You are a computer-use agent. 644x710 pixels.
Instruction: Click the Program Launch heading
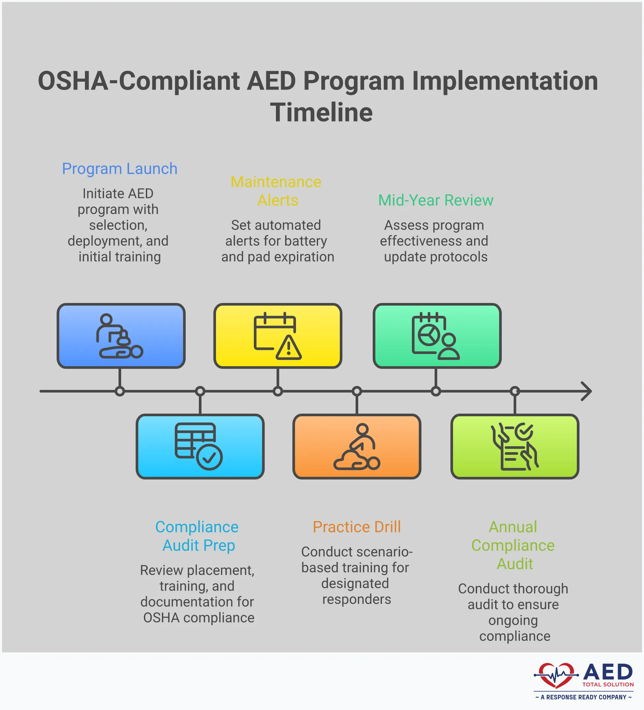pyautogui.click(x=120, y=169)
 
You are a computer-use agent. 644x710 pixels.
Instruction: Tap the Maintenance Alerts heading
pyautogui.click(x=276, y=191)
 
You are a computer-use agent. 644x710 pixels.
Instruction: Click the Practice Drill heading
pyautogui.click(x=357, y=527)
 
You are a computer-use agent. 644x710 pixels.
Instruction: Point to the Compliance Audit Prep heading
pyautogui.click(x=198, y=536)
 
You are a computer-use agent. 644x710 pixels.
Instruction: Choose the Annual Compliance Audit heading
pyautogui.click(x=513, y=545)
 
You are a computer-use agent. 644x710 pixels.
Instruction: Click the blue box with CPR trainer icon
pyautogui.click(x=121, y=336)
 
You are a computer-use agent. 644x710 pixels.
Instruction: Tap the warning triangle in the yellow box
pyautogui.click(x=289, y=348)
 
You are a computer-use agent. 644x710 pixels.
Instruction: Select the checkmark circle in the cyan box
pyautogui.click(x=209, y=457)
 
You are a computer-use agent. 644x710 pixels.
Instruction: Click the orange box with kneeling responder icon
pyautogui.click(x=357, y=446)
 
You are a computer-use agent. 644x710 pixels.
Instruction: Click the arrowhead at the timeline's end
pyautogui.click(x=587, y=391)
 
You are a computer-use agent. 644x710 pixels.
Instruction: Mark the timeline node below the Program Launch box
pyautogui.click(x=120, y=391)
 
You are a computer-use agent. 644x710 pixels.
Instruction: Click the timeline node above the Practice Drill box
pyautogui.click(x=357, y=391)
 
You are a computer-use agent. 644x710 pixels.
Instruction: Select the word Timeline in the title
pyautogui.click(x=321, y=113)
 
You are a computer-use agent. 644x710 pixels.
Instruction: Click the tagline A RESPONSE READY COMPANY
pyautogui.click(x=583, y=697)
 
